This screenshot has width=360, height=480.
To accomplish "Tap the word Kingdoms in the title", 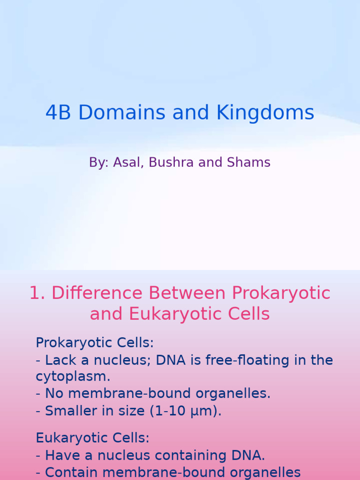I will [x=265, y=113].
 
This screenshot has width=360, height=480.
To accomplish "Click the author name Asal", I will [x=128, y=163].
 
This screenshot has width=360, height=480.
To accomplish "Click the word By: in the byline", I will [x=98, y=163].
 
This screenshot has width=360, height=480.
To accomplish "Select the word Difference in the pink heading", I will [x=97, y=293].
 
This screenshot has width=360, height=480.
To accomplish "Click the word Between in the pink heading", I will [x=188, y=293].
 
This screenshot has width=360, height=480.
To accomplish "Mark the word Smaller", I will [x=68, y=411].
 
